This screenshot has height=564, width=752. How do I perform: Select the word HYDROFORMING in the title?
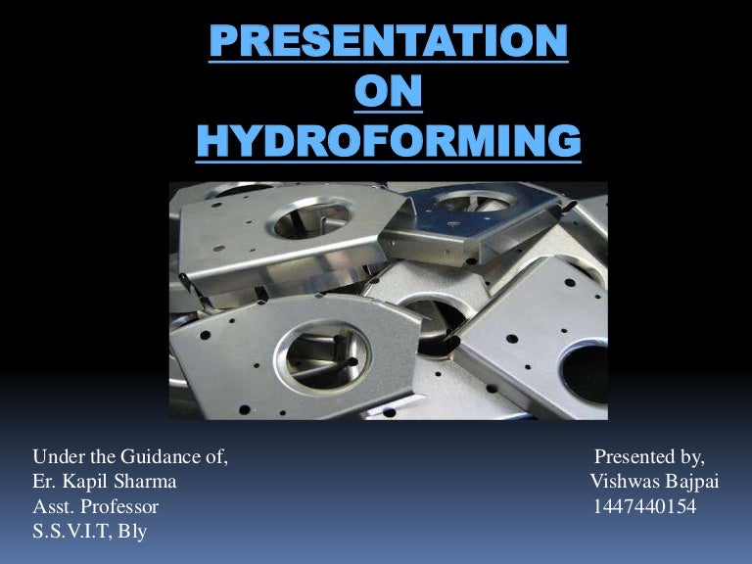[x=389, y=143]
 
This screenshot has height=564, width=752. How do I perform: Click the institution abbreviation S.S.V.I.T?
[x=72, y=533]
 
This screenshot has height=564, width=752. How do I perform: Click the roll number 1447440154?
[x=644, y=507]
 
